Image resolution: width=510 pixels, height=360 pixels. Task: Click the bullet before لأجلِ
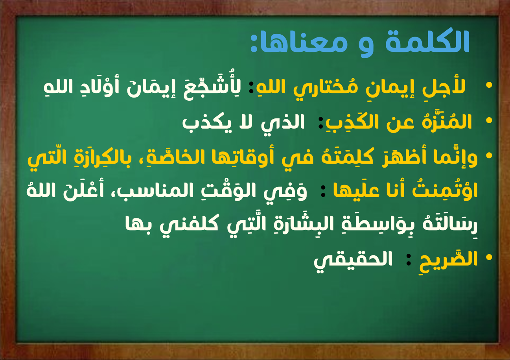pos(489,85)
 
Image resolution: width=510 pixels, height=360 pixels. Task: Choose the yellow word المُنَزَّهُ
pos(447,121)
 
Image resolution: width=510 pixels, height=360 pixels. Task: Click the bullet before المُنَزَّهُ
pos(489,120)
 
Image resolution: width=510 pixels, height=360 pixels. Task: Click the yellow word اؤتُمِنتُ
pos(445,190)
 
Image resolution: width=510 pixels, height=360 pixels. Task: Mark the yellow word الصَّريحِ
pos(449,259)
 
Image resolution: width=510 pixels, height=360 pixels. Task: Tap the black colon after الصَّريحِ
pos(409,260)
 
